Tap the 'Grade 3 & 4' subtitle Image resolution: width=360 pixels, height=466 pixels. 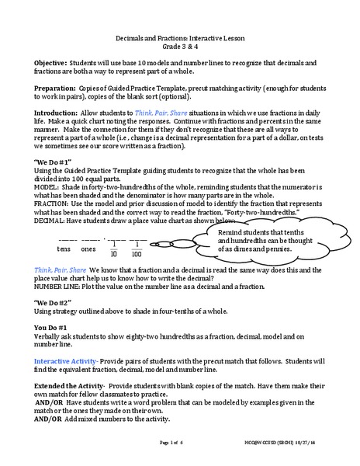pyautogui.click(x=180, y=47)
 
